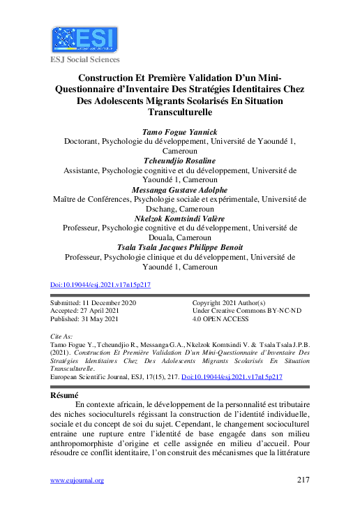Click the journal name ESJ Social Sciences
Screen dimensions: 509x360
click(x=84, y=59)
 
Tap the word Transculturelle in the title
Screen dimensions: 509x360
click(x=179, y=112)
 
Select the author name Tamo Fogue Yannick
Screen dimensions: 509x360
click(x=179, y=131)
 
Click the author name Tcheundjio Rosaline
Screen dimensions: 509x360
click(x=179, y=160)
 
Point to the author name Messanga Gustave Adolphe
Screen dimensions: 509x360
click(x=179, y=189)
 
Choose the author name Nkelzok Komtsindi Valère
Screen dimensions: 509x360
click(x=179, y=218)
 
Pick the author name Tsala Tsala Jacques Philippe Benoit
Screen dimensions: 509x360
click(x=179, y=247)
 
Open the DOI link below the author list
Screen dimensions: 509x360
click(x=101, y=285)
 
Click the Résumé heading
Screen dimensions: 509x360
click(x=64, y=394)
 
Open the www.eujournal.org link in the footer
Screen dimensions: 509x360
click(x=77, y=480)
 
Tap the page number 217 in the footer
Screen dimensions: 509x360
click(x=303, y=480)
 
